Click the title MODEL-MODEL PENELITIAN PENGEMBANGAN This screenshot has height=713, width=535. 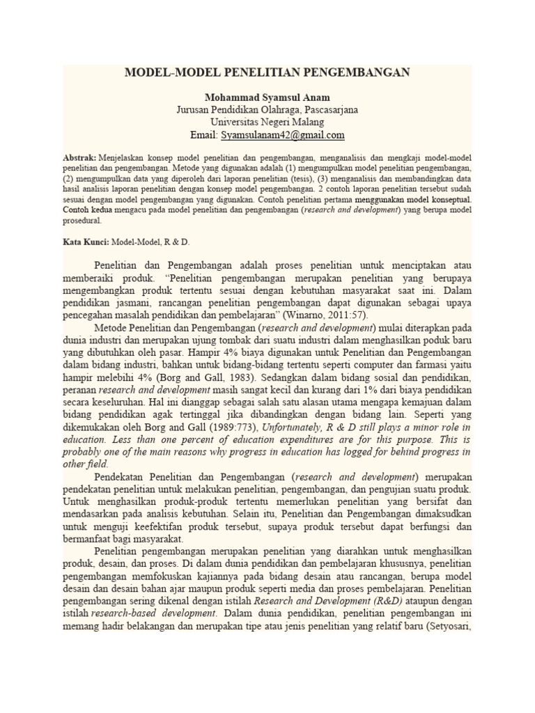[x=267, y=72]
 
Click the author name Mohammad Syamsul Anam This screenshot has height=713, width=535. [x=267, y=97]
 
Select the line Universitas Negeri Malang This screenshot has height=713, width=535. [x=267, y=122]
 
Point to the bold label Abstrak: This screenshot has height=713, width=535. [x=79, y=158]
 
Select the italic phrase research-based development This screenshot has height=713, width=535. [x=149, y=613]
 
